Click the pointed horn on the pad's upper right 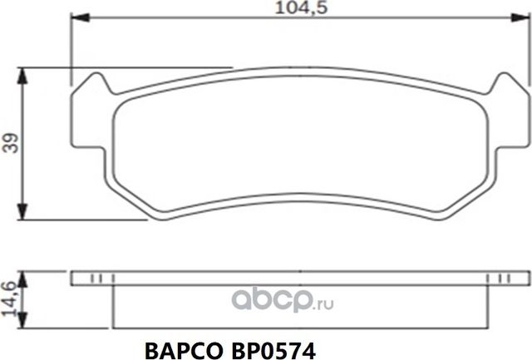coord(503,80)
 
